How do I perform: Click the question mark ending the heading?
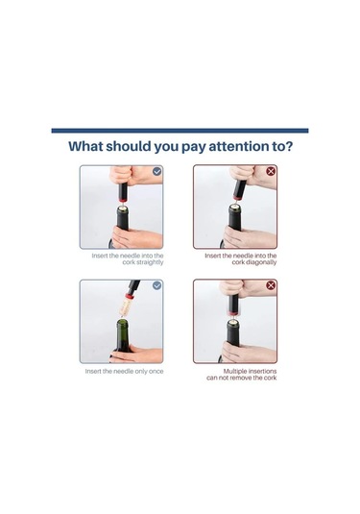click(x=289, y=146)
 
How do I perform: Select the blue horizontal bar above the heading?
click(x=180, y=131)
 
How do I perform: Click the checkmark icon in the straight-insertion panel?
click(x=157, y=171)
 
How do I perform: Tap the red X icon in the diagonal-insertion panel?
click(x=271, y=171)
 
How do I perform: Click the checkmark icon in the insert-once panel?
click(x=157, y=285)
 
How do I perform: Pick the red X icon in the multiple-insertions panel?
click(x=271, y=285)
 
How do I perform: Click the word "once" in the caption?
click(x=156, y=372)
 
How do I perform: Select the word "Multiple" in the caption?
click(x=235, y=372)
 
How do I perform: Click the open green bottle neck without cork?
click(x=123, y=331)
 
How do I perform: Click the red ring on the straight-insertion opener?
click(x=123, y=199)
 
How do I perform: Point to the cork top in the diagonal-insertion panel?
click(x=234, y=207)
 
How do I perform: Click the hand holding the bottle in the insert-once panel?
click(x=137, y=354)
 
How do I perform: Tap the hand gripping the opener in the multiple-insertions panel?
click(x=249, y=288)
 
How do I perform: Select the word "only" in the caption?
click(x=140, y=372)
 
